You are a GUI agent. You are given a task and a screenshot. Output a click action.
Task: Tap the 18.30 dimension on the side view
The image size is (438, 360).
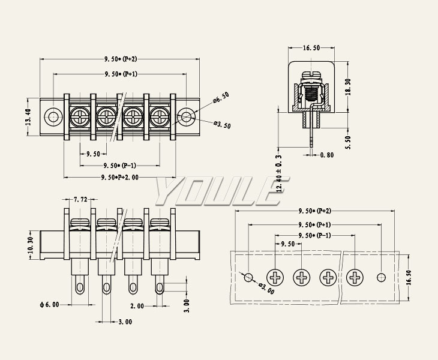pyautogui.click(x=348, y=86)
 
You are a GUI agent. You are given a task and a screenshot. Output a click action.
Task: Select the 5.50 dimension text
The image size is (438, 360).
pyautogui.click(x=348, y=142)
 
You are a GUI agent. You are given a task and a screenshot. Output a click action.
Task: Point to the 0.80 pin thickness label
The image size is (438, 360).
pyautogui.click(x=327, y=155)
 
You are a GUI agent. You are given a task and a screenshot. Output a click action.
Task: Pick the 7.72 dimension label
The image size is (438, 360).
pyautogui.click(x=80, y=199)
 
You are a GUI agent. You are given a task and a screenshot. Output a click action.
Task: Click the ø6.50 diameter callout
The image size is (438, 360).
pyautogui.click(x=221, y=96)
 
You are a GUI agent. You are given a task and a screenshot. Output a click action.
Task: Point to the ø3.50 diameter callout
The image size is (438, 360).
pyautogui.click(x=221, y=125)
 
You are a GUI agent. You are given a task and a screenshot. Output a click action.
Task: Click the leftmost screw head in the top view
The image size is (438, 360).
pyautogui.click(x=79, y=116)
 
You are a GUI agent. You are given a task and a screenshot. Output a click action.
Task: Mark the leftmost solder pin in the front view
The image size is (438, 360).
pyautogui.click(x=79, y=287)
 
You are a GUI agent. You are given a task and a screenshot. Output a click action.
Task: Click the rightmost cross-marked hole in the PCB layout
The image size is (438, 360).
pyautogui.click(x=355, y=277)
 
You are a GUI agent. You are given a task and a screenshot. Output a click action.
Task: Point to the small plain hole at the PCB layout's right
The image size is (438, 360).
pyautogui.click(x=380, y=277)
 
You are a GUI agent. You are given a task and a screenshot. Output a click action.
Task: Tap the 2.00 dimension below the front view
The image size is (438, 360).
pyautogui.click(x=137, y=306)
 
